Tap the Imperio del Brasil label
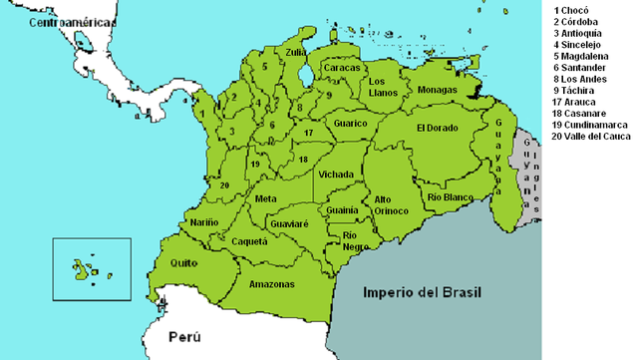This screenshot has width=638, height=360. (x=422, y=293)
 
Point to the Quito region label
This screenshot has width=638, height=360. (x=185, y=263)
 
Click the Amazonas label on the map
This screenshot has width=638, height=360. (x=272, y=284)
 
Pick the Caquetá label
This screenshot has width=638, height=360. (x=249, y=241)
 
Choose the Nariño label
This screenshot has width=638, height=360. (x=204, y=221)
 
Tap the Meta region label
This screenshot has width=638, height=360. (x=266, y=199)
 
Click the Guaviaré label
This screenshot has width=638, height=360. (x=289, y=224)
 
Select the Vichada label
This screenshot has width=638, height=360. (x=337, y=175)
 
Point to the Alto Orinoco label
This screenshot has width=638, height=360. (x=390, y=204)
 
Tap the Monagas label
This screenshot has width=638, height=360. (x=438, y=90)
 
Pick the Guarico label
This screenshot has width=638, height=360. (x=350, y=124)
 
